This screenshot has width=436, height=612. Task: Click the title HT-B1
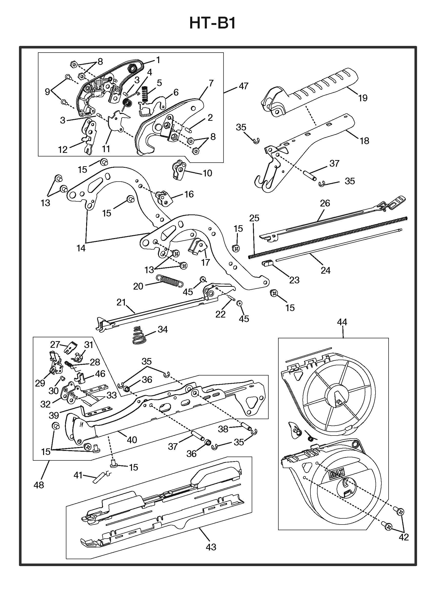[x=212, y=23]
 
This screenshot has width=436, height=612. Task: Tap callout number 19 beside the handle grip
[x=363, y=98]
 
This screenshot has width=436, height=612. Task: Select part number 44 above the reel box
[x=342, y=322]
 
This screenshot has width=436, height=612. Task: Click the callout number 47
[x=244, y=86]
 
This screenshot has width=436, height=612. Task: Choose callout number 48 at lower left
[x=39, y=485]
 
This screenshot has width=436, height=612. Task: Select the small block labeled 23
[x=266, y=264]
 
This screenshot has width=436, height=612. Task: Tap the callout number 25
[x=254, y=218]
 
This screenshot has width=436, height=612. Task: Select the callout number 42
[x=404, y=537]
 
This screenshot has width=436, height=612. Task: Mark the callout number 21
[x=121, y=302]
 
